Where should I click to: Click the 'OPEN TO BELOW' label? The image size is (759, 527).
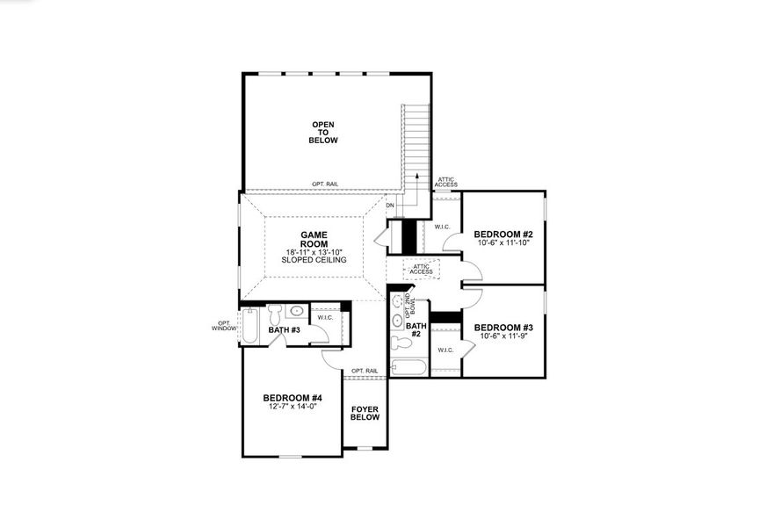click(x=323, y=133)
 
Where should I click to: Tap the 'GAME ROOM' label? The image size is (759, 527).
click(x=314, y=241)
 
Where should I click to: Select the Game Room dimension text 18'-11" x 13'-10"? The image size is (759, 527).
click(x=314, y=252)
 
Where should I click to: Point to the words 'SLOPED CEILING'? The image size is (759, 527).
click(x=314, y=260)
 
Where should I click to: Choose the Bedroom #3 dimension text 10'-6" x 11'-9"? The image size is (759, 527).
click(x=503, y=336)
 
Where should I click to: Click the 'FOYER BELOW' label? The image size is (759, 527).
click(x=365, y=413)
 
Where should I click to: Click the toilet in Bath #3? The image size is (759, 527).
click(x=273, y=312)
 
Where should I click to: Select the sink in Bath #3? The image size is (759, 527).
click(x=297, y=310)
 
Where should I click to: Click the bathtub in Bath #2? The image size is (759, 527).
click(x=408, y=368)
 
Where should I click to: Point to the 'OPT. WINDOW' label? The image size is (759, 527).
click(x=224, y=325)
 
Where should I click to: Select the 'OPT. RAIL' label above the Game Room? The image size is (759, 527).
click(x=324, y=184)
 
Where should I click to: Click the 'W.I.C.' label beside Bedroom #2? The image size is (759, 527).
click(x=442, y=227)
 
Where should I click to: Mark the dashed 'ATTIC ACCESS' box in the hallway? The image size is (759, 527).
click(x=421, y=270)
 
